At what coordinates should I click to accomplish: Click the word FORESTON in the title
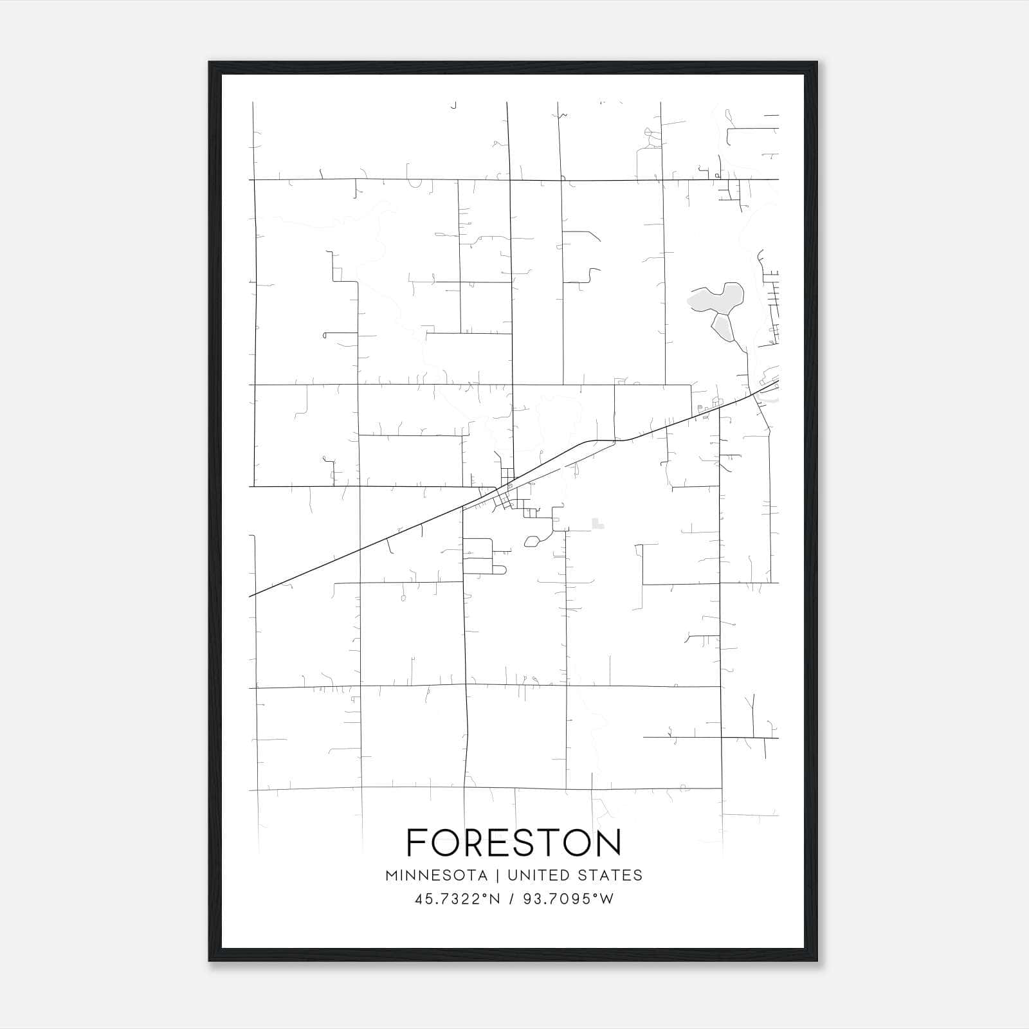[x=514, y=842]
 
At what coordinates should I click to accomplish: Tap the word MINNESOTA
[x=436, y=875]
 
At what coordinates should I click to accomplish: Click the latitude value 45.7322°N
[x=457, y=899]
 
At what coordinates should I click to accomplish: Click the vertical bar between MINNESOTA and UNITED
[x=498, y=875]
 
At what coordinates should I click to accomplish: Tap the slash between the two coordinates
[x=512, y=899]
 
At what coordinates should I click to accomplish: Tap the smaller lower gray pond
[x=723, y=328]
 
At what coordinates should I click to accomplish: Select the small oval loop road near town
[x=531, y=542]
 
